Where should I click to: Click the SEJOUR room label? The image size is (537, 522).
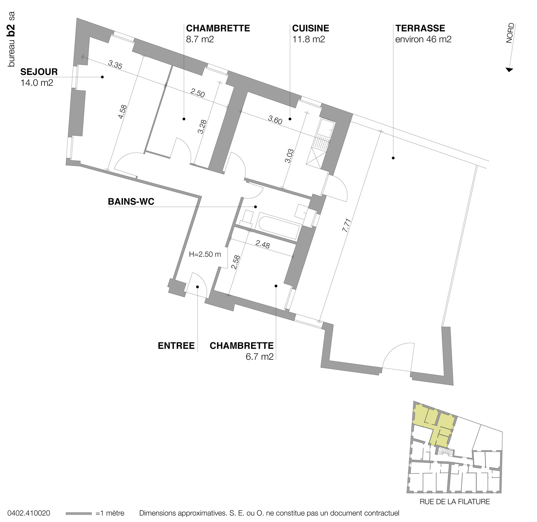click(x=39, y=72)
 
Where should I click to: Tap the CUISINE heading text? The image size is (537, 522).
click(x=310, y=28)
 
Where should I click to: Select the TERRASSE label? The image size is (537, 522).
click(x=420, y=28)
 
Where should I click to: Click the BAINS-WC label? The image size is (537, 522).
click(x=131, y=201)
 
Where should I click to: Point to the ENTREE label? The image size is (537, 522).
click(x=176, y=346)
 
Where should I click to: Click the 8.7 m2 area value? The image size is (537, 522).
click(x=200, y=39)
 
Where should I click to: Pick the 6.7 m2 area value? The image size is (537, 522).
click(x=260, y=356)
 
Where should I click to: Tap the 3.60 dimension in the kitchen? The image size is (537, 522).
click(x=275, y=120)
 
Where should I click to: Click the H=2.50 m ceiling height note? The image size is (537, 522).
click(x=205, y=254)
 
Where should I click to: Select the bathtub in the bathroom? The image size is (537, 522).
click(x=280, y=226)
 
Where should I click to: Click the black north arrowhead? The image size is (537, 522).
click(x=509, y=70)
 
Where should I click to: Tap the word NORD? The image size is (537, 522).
click(x=510, y=33)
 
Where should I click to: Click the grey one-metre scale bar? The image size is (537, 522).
click(x=78, y=513)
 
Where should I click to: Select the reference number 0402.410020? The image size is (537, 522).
click(x=29, y=513)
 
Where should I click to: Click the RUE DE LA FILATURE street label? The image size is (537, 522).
click(x=455, y=502)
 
